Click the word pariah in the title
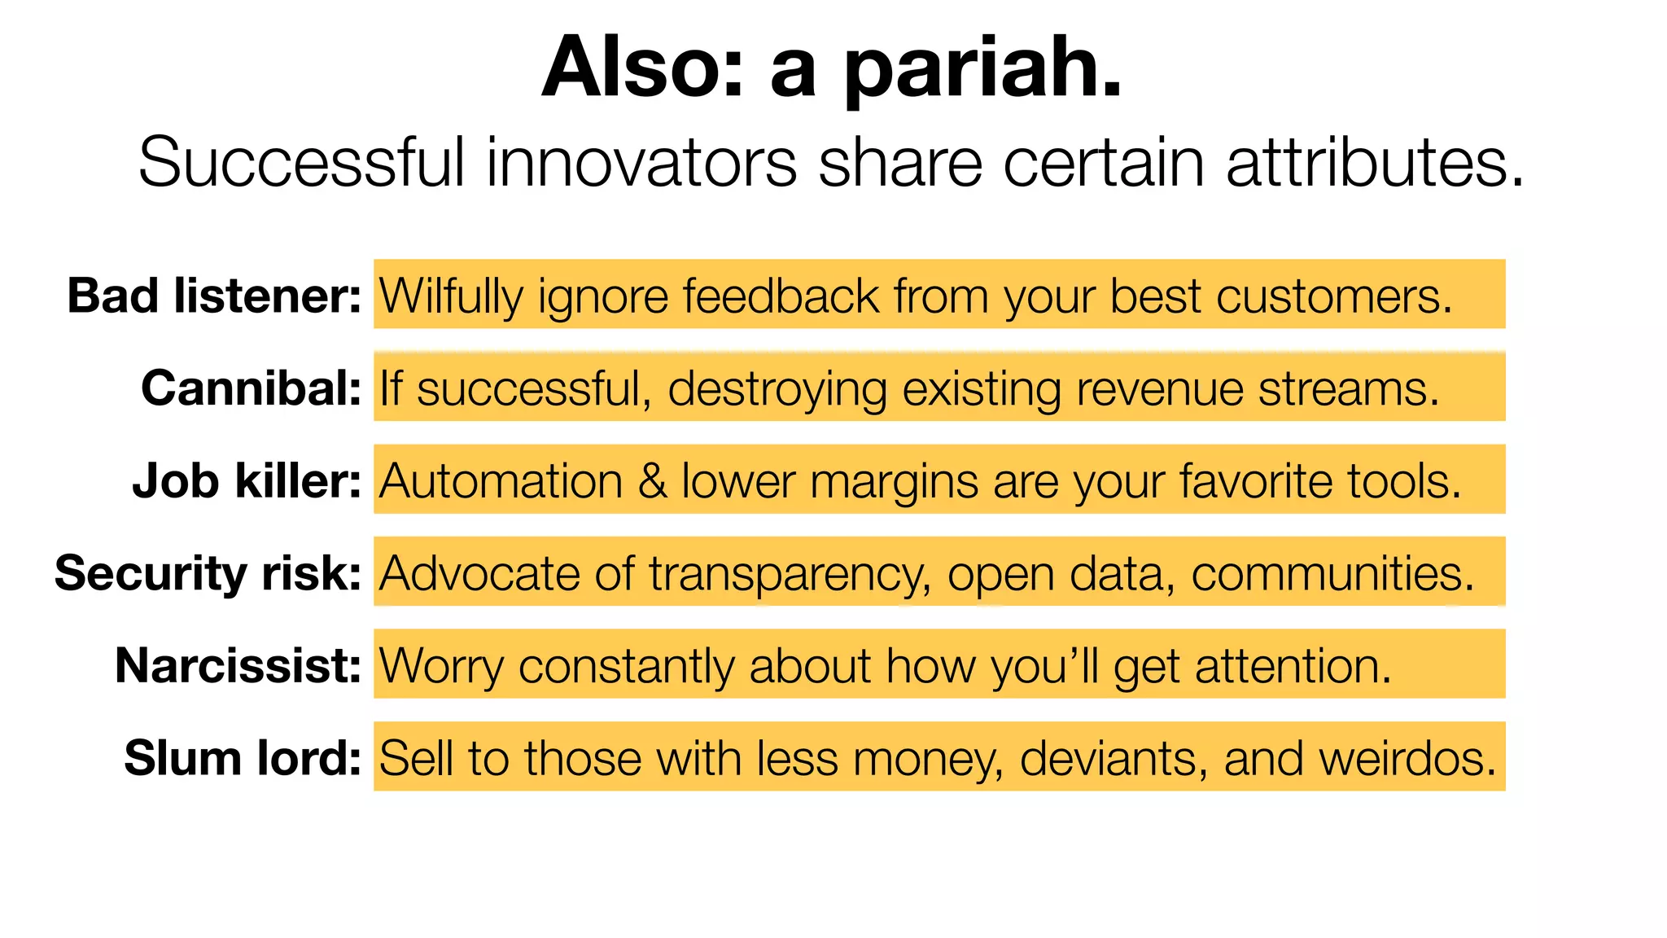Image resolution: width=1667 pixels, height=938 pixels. pyautogui.click(x=982, y=68)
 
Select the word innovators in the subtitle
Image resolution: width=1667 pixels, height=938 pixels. pyautogui.click(x=641, y=162)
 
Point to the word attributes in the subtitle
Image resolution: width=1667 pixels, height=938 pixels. pyautogui.click(x=1374, y=162)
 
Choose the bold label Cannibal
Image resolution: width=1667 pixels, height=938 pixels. pyautogui.click(x=251, y=388)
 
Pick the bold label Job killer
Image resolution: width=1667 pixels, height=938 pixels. pyautogui.click(x=247, y=480)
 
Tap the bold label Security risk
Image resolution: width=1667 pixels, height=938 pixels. pyautogui.click(x=208, y=572)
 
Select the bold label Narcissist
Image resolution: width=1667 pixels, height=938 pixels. pyautogui.click(x=238, y=665)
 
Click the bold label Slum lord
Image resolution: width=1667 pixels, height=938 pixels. pyautogui.click(x=243, y=758)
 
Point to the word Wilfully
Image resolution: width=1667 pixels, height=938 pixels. pyautogui.click(x=451, y=296)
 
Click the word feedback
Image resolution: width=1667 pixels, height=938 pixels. pyautogui.click(x=781, y=296)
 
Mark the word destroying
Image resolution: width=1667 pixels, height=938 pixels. pyautogui.click(x=777, y=389)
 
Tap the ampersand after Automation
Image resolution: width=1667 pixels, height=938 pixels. pyautogui.click(x=652, y=480)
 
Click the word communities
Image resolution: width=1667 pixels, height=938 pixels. pyautogui.click(x=1332, y=573)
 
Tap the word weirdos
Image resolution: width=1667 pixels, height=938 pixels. pyautogui.click(x=1407, y=758)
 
